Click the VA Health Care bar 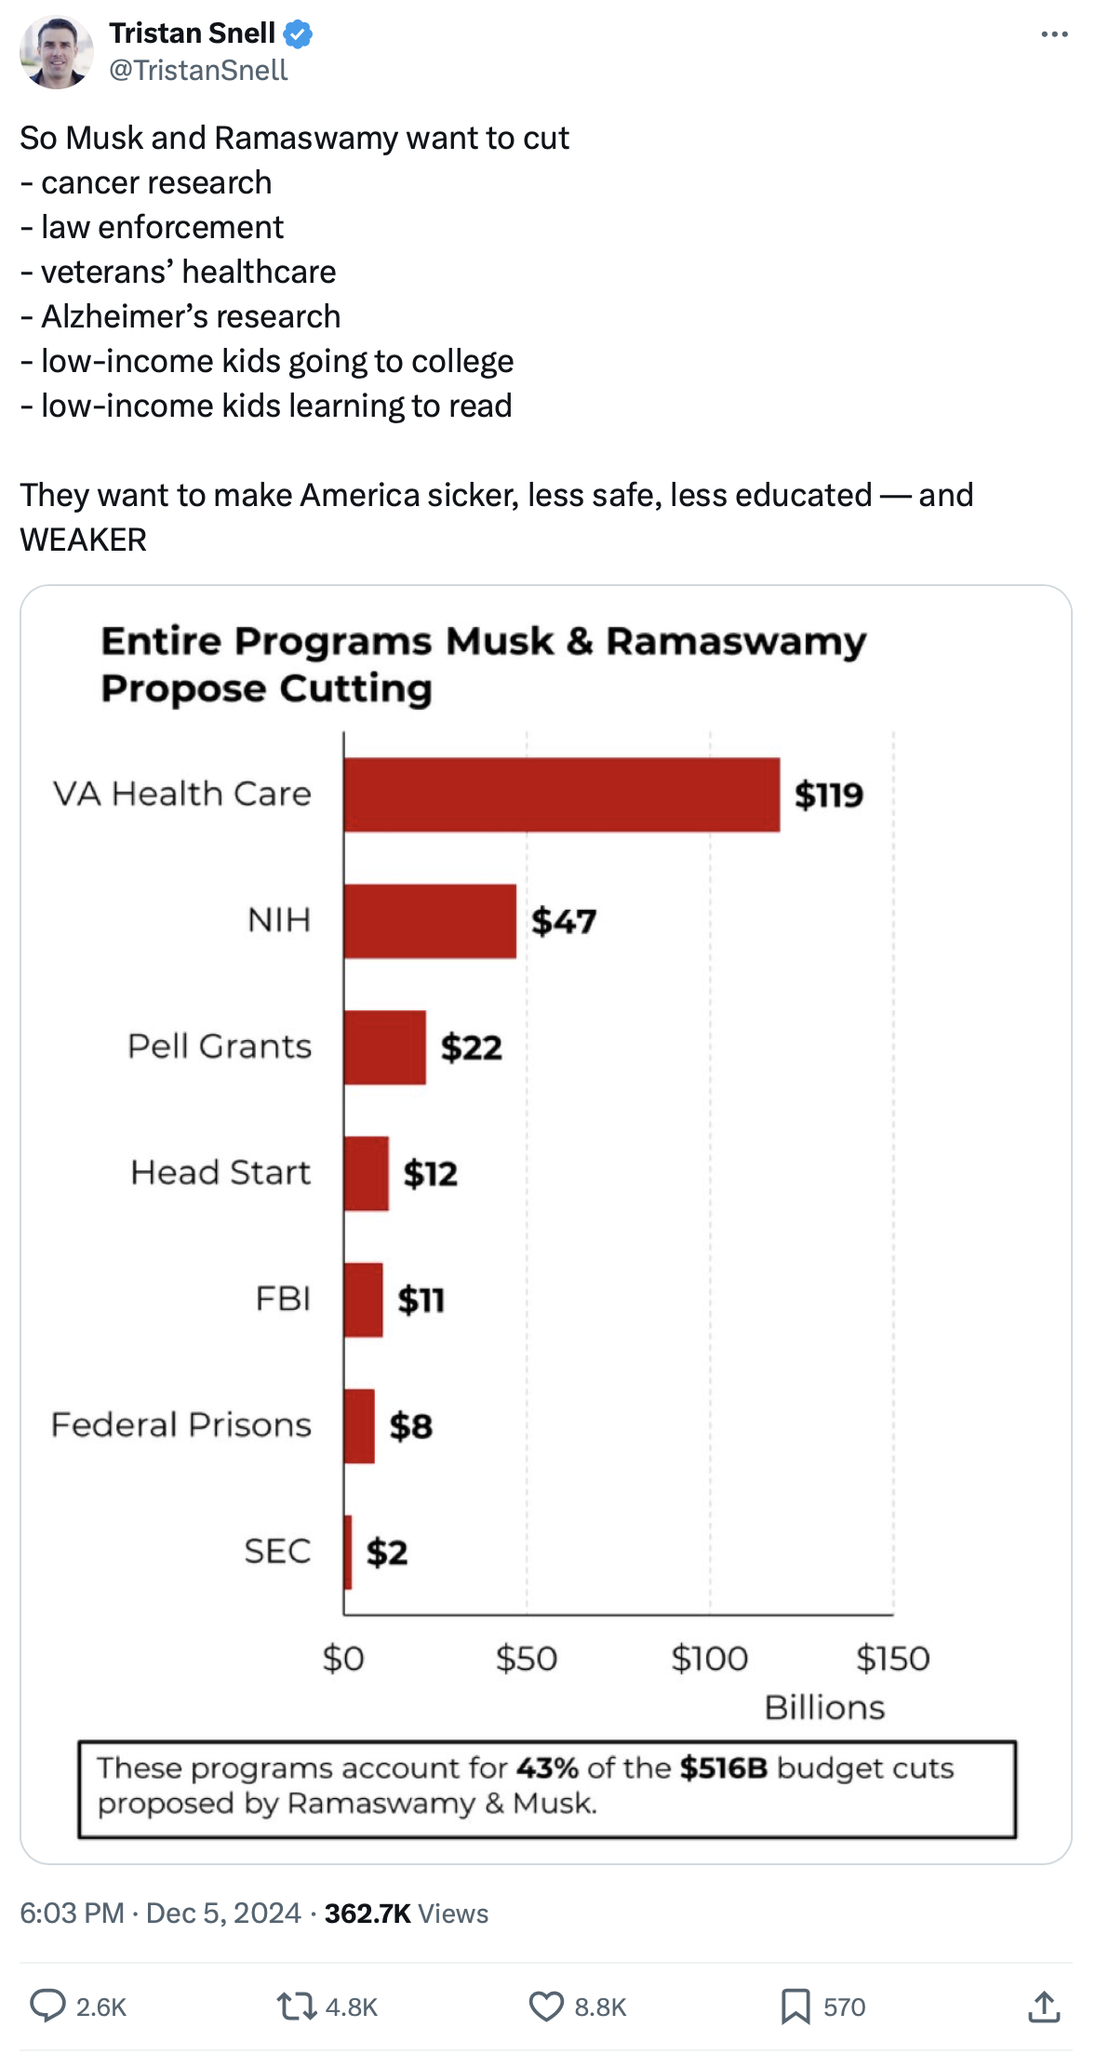coord(561,794)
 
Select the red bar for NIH coord(430,921)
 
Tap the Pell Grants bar coord(384,1047)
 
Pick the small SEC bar coord(348,1552)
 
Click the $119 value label coord(828,795)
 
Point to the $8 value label coord(410,1426)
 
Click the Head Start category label coord(221,1173)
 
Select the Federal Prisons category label coord(181,1425)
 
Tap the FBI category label coord(283,1299)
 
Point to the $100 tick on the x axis coord(709,1659)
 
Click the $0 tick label coord(343,1659)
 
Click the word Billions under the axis coord(824,1708)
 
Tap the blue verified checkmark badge coord(298,34)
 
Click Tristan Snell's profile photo coord(57,52)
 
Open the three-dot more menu coord(1054,34)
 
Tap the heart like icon coord(546,2007)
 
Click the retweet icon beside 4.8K coord(297,2007)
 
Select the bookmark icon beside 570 coord(795,2007)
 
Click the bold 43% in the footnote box coord(547,1767)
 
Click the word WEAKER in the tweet coord(84,540)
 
